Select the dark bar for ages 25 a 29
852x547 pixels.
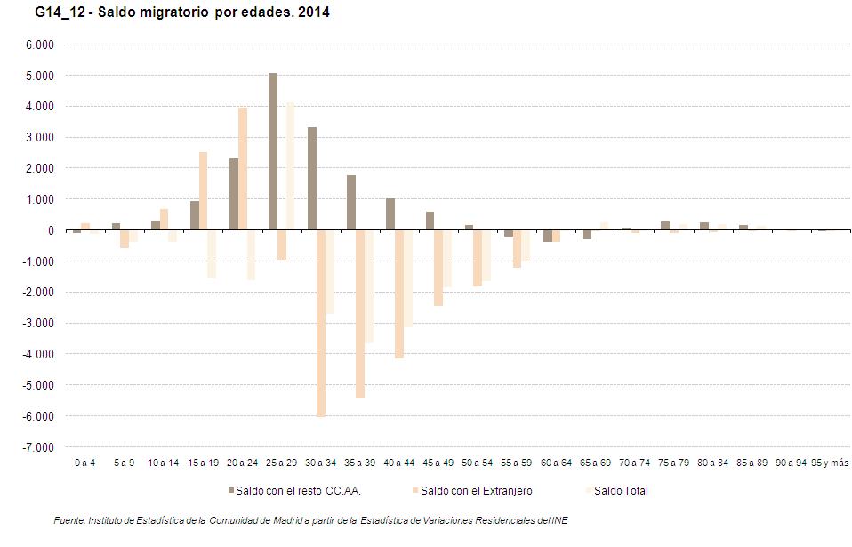(x=272, y=151)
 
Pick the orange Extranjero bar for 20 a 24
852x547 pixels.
(x=243, y=169)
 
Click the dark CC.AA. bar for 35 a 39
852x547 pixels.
(x=351, y=203)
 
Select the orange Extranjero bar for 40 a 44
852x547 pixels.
(x=399, y=294)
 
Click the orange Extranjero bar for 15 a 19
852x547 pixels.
(x=204, y=191)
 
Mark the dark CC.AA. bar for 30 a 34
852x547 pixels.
(x=312, y=179)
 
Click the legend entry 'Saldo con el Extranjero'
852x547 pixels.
(x=476, y=490)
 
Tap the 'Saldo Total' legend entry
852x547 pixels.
(x=621, y=490)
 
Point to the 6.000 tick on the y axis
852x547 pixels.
(x=41, y=44)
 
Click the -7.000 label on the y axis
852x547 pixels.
(x=39, y=447)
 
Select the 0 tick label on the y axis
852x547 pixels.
(x=51, y=230)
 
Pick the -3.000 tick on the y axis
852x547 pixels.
(x=39, y=324)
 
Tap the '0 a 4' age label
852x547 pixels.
(x=85, y=463)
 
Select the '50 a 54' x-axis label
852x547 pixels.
(x=477, y=463)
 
